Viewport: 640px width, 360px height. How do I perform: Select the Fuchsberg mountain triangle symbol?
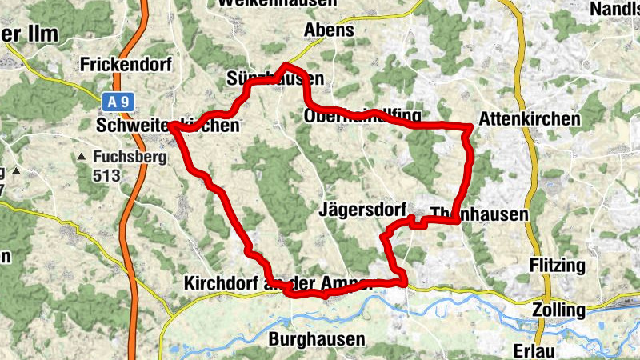pyautogui.click(x=82, y=158)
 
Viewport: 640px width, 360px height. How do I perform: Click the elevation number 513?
pyautogui.click(x=106, y=175)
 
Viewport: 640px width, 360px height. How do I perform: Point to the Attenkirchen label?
pyautogui.click(x=529, y=118)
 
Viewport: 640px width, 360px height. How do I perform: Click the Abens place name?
pyautogui.click(x=329, y=30)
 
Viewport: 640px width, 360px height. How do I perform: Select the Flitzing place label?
pyautogui.click(x=558, y=265)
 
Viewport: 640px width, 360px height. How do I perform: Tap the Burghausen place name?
pyautogui.click(x=317, y=339)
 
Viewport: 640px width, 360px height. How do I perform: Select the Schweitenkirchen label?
pyautogui.click(x=167, y=126)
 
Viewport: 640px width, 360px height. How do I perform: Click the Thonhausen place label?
pyautogui.click(x=479, y=214)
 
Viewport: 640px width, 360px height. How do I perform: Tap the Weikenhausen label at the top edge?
pyautogui.click(x=276, y=3)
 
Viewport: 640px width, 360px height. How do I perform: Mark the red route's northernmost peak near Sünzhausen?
pyautogui.click(x=286, y=65)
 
